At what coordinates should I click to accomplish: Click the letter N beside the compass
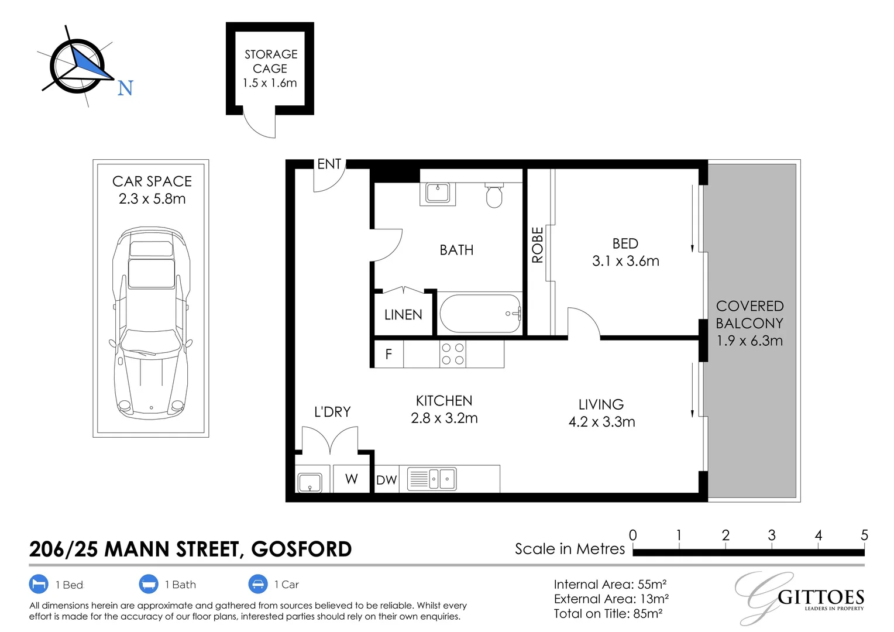[x=125, y=88]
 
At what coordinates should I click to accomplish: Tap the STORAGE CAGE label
[x=270, y=61]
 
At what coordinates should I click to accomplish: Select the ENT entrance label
[x=329, y=164]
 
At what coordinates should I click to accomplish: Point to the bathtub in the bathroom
[x=480, y=314]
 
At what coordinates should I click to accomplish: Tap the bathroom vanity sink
[x=437, y=193]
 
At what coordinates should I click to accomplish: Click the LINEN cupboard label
[x=403, y=315]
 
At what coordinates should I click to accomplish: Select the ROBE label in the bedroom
[x=538, y=245]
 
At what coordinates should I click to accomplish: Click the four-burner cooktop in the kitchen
[x=452, y=353]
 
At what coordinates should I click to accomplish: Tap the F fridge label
[x=388, y=354]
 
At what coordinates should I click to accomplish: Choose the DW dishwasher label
[x=386, y=480]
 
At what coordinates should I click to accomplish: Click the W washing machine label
[x=351, y=479]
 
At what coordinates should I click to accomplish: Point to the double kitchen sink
[x=432, y=479]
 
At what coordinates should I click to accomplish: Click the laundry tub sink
[x=310, y=483]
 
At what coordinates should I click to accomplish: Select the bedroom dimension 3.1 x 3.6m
[x=625, y=261]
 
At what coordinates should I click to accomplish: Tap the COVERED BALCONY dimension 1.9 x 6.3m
[x=749, y=341]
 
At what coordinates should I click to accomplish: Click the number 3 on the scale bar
[x=772, y=535]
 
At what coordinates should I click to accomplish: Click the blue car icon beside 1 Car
[x=258, y=584]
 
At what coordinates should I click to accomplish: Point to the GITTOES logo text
[x=821, y=597]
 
